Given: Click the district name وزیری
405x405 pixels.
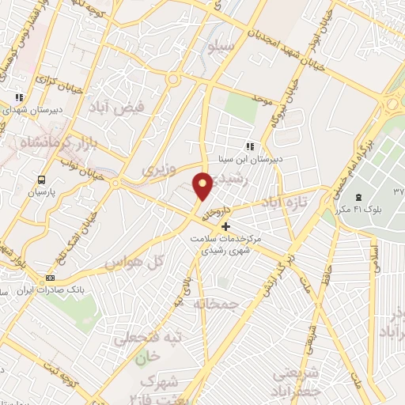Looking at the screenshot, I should coord(157,169).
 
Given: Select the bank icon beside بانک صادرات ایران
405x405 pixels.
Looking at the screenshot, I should coord(51,278).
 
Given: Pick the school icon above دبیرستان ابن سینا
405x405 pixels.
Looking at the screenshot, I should coord(251,146).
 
